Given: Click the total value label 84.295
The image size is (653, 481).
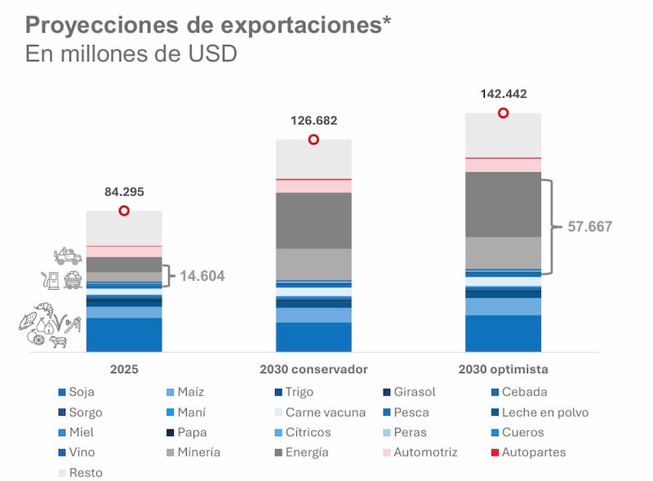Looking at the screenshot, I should click(124, 192).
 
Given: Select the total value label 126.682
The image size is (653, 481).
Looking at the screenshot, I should click(313, 121).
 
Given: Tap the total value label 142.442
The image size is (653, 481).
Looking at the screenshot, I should click(503, 94).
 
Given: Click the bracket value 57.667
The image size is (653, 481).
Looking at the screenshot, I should click(589, 227).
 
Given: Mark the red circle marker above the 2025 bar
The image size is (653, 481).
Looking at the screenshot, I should click(124, 211).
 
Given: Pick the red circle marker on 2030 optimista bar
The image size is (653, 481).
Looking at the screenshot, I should click(503, 113).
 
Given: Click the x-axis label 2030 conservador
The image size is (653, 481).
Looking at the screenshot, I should click(313, 369).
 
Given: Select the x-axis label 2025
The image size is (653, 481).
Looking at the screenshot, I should click(124, 369).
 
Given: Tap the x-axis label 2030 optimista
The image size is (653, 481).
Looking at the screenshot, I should click(503, 369).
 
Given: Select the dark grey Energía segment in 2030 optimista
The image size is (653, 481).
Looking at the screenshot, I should click(503, 204).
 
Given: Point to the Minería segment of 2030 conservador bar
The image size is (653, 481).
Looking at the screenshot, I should click(313, 264).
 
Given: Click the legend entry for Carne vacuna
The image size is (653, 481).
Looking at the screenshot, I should click(318, 412).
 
